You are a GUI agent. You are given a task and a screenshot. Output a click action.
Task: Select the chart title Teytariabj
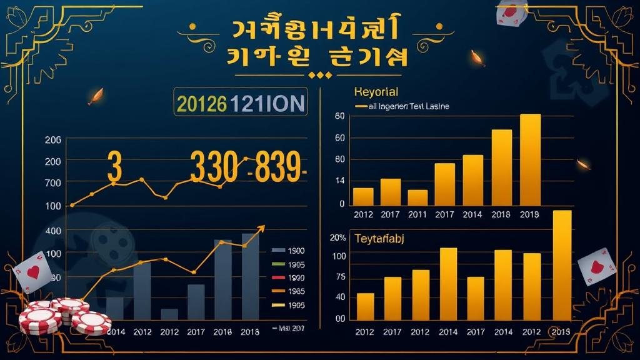381,238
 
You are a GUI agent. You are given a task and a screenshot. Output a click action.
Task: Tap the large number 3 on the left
114,167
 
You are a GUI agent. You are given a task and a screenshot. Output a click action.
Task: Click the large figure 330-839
246,167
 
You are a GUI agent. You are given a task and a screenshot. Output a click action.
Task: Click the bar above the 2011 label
417,197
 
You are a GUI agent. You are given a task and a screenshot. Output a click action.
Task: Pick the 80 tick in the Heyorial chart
340,159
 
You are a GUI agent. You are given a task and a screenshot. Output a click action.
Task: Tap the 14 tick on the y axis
340,181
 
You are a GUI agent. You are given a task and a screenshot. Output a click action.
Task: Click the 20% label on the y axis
338,238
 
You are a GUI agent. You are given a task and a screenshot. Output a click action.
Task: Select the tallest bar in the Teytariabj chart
562,264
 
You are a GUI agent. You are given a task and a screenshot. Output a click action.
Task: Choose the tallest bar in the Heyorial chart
530,159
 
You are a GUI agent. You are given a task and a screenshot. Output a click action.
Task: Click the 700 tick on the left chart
53,183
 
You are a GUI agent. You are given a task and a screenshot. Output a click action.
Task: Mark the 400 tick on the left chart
53,231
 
